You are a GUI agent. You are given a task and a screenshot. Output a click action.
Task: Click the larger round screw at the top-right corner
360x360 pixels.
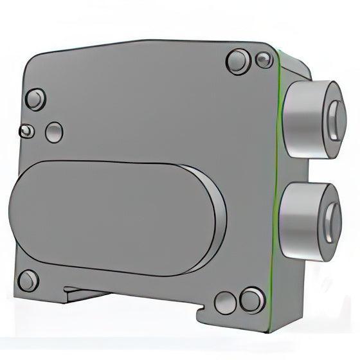click(238, 62)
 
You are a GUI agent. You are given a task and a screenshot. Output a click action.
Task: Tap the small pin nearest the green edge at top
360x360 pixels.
click(263, 61)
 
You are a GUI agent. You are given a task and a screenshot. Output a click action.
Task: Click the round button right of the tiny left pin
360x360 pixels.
click(54, 132)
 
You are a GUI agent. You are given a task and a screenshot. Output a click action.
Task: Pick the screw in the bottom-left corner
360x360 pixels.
click(28, 281)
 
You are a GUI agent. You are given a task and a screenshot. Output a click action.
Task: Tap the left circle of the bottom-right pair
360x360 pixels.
click(224, 303)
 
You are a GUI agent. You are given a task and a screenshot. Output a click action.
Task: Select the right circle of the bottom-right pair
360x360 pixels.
click(251, 299)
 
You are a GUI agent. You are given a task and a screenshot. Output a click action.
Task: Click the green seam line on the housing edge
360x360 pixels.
click(277, 161)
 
